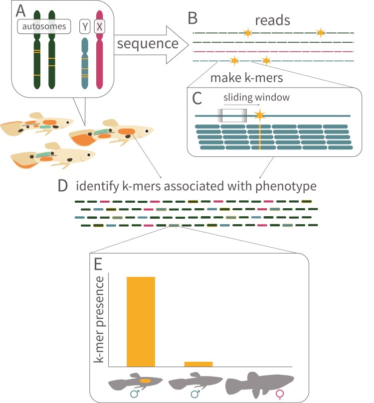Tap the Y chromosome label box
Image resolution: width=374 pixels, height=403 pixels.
(85, 25)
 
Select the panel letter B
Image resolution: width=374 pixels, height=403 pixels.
(193, 18)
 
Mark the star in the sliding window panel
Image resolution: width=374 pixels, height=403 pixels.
(259, 116)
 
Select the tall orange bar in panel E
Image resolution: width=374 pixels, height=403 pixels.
(141, 321)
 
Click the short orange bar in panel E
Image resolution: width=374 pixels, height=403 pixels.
(198, 364)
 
